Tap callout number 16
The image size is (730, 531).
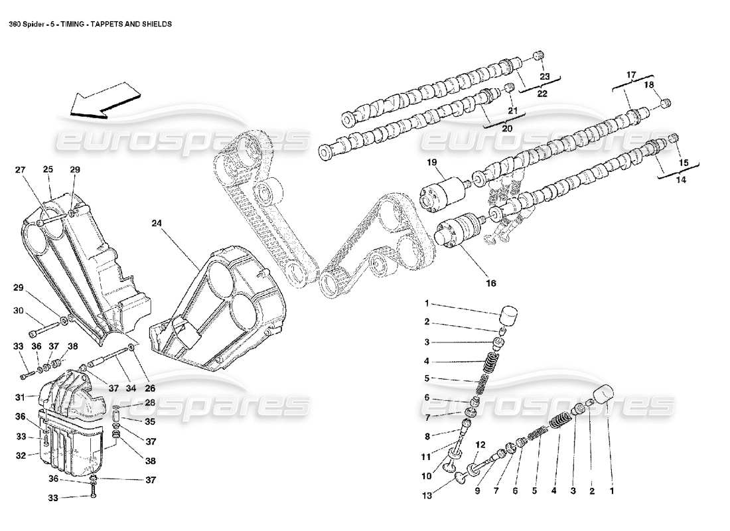click(490, 283)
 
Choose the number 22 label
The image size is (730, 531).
click(542, 94)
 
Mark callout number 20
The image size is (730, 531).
click(506, 129)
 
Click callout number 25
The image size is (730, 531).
click(48, 170)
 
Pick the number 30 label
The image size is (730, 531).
click(18, 310)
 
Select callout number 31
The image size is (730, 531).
click(21, 397)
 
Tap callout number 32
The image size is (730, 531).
click(21, 455)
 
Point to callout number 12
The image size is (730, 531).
click(480, 445)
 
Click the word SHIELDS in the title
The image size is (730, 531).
click(157, 23)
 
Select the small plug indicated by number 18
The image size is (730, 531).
click(666, 102)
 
